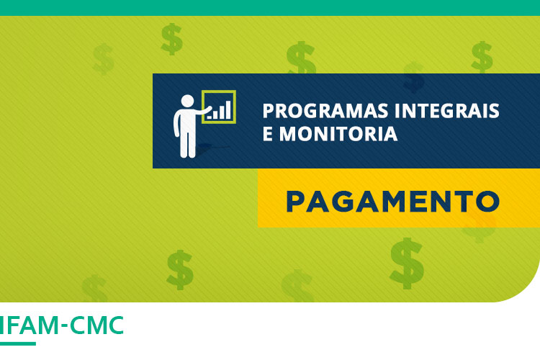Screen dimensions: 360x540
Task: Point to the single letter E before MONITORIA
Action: [268, 135]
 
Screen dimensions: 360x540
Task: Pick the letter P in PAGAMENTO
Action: [295, 200]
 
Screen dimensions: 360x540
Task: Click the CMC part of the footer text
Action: [97, 325]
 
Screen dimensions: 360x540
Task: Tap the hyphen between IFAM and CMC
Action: [64, 327]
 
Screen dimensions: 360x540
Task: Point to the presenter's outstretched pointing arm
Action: [204, 112]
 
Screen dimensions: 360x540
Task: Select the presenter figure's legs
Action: [187, 144]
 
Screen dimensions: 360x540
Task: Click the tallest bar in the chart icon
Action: [228, 109]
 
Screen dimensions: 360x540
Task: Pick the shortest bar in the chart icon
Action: [210, 116]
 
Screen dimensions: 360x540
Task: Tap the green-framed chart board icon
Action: [219, 107]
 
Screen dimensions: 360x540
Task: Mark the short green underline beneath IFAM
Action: [17, 343]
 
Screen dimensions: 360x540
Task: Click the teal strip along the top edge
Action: [270, 7]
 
